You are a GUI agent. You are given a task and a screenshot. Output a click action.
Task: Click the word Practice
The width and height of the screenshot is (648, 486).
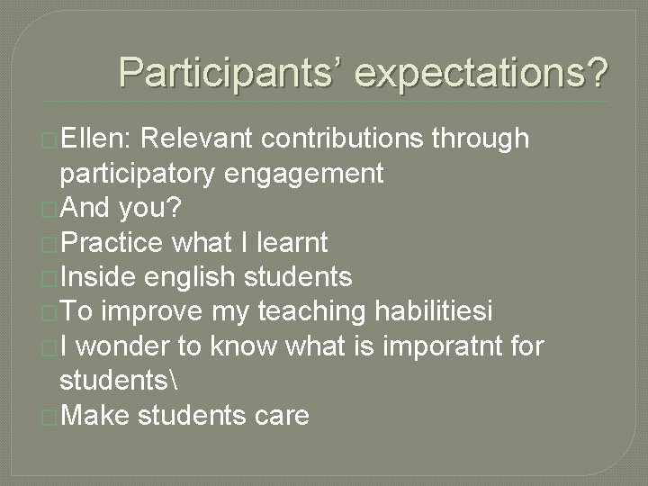pos(112,243)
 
